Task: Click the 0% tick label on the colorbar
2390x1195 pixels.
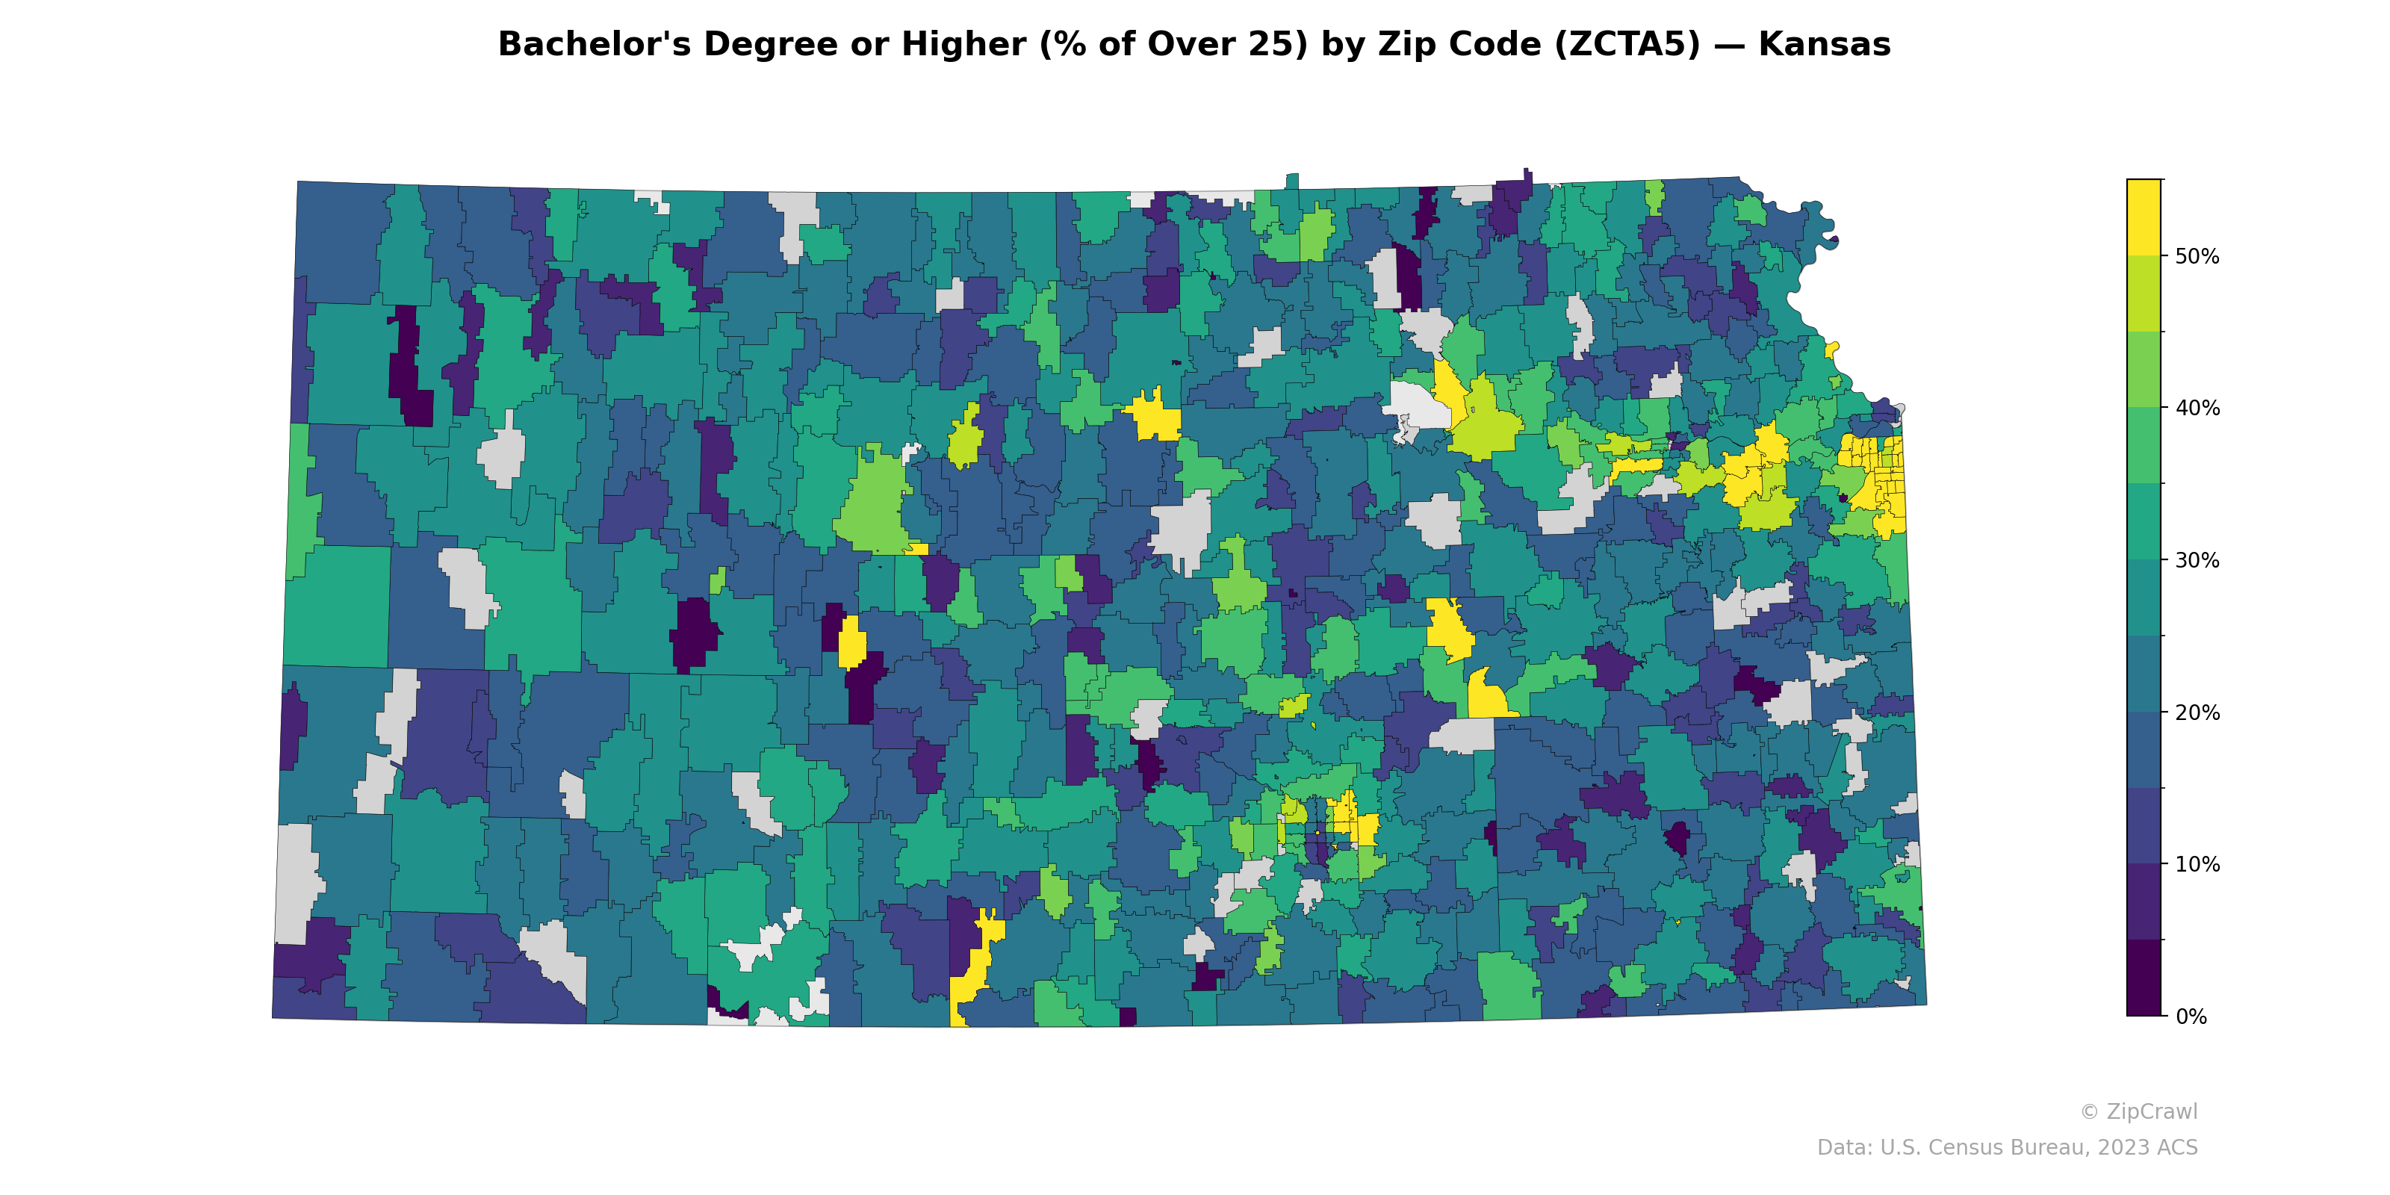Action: [x=2191, y=1016]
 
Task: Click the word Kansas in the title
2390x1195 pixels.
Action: [x=1823, y=45]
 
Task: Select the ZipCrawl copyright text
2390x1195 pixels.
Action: [x=2138, y=1111]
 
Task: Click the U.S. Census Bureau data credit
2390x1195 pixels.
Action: [x=2006, y=1148]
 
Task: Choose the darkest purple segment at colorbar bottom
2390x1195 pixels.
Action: [x=2144, y=978]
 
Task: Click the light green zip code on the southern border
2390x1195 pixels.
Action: [x=1510, y=988]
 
